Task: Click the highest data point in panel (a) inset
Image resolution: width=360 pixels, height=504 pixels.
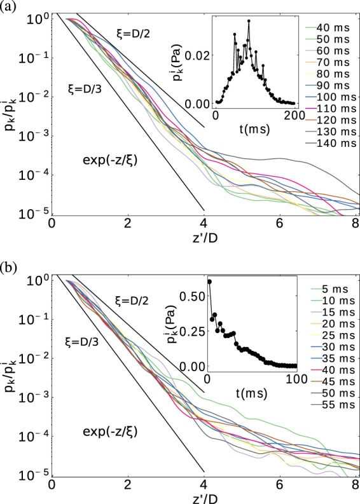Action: (x=249, y=21)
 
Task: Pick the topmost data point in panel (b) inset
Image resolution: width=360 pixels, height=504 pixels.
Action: (x=209, y=282)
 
